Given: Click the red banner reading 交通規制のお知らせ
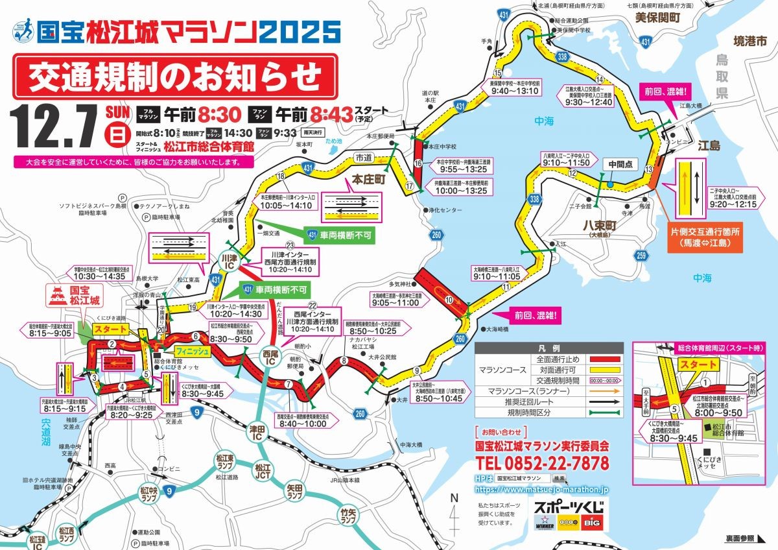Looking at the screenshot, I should pos(175,77).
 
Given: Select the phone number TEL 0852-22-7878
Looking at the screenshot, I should pos(542,463).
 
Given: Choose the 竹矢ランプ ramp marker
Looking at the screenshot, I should pos(348,516).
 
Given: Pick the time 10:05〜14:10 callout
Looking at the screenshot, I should pos(287,205).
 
